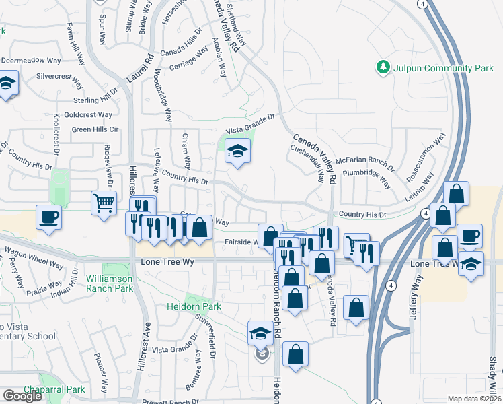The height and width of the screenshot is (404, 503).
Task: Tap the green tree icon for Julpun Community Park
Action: coord(383,67)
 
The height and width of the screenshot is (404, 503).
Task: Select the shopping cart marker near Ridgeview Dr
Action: coord(103,203)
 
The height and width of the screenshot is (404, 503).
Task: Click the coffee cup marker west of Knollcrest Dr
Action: coord(48,218)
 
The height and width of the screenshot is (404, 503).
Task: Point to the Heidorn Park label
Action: coord(194,306)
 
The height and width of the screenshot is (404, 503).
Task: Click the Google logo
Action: coord(23,396)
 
